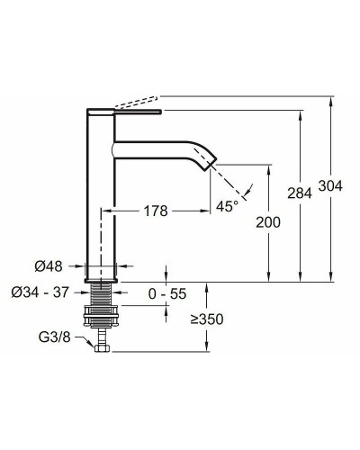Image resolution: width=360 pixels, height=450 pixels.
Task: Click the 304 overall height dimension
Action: (x=330, y=186)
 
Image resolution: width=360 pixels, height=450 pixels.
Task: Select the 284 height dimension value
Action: (x=300, y=193)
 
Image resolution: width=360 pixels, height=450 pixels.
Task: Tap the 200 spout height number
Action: (x=268, y=222)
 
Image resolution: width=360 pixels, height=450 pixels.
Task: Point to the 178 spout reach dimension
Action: (x=156, y=211)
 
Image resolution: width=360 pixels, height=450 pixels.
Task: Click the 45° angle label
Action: (x=228, y=206)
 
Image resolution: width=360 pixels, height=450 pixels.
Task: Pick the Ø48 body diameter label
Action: (x=49, y=266)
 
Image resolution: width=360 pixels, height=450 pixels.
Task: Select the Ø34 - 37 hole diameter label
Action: (x=40, y=292)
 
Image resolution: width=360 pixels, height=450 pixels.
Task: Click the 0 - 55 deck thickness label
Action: (x=167, y=293)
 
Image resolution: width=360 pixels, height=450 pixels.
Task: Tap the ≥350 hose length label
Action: (x=207, y=319)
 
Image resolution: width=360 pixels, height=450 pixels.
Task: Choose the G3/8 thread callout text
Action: (x=55, y=337)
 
